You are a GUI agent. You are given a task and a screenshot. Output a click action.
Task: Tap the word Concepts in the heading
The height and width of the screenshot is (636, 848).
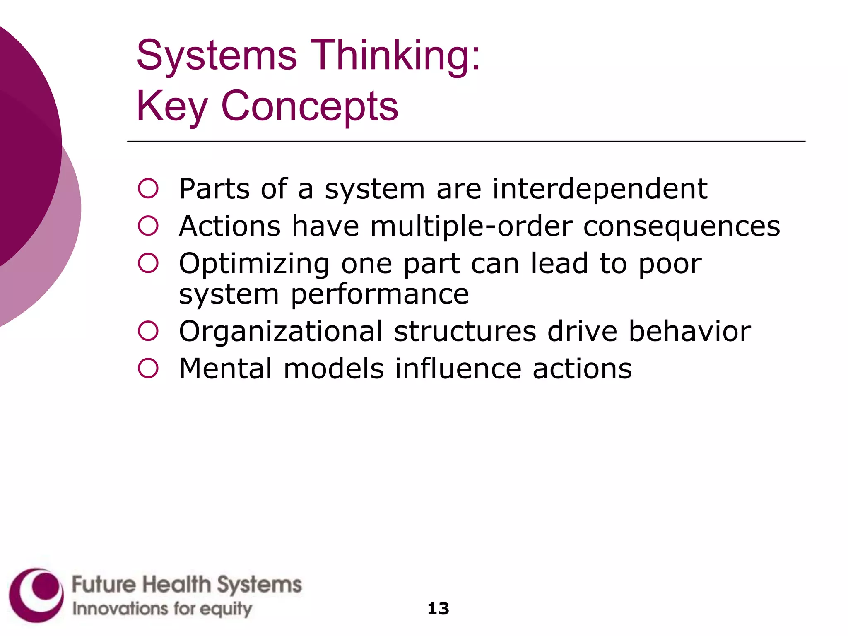pyautogui.click(x=309, y=106)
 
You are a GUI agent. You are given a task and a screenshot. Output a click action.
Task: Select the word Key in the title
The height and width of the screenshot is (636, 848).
pyautogui.click(x=172, y=106)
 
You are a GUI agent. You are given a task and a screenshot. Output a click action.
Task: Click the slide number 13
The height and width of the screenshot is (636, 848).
pyautogui.click(x=438, y=608)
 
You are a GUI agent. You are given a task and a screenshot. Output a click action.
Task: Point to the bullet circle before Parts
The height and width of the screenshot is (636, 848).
pyautogui.click(x=148, y=189)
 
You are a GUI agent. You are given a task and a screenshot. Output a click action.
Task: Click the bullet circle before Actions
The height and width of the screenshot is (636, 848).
pyautogui.click(x=148, y=226)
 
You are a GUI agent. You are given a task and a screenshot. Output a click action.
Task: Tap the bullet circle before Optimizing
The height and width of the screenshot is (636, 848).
pyautogui.click(x=148, y=263)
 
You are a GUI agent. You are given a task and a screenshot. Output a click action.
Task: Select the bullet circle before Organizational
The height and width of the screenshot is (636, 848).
pyautogui.click(x=148, y=331)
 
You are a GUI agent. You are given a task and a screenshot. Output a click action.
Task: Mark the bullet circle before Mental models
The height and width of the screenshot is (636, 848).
pyautogui.click(x=148, y=368)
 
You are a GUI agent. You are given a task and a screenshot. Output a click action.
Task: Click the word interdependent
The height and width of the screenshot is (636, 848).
pyautogui.click(x=600, y=189)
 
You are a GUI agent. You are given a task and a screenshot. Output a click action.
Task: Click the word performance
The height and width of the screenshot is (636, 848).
pyautogui.click(x=380, y=295)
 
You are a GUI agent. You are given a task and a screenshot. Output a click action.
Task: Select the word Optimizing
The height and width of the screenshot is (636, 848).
pyautogui.click(x=254, y=264)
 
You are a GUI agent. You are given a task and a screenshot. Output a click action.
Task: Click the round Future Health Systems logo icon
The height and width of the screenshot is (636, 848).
pyautogui.click(x=36, y=595)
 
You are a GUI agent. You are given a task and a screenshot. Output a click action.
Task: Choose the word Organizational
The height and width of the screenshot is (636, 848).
pyautogui.click(x=281, y=332)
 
